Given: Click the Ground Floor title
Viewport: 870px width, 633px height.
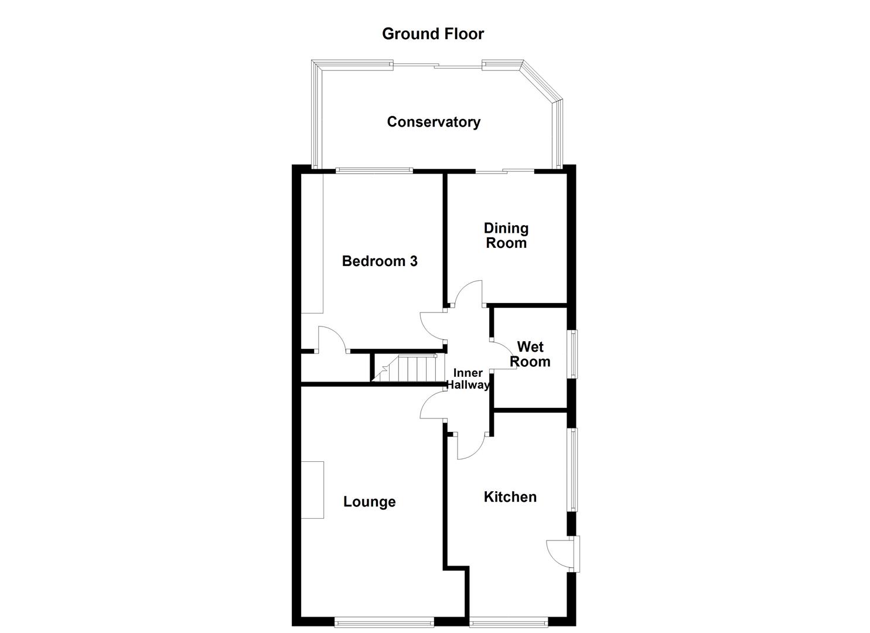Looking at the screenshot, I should coord(433,34).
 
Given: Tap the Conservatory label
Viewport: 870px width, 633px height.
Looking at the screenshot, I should coord(434,122).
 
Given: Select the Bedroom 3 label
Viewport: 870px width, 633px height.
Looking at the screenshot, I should coord(380,261).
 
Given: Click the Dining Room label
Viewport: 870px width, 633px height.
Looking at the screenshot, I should coord(506,236).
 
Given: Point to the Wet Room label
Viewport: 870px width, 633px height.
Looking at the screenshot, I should coord(530,355).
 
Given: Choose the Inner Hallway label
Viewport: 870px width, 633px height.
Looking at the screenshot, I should coord(468,379).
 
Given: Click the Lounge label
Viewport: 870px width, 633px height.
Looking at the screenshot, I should coord(369,502).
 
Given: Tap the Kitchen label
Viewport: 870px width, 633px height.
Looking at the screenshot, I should coord(510,497).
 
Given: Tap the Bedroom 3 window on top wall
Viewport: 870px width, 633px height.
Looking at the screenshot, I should coord(374,171).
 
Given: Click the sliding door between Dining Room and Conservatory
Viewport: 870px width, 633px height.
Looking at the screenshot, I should coord(504,171).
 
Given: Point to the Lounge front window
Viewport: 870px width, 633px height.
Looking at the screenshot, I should coord(384,622).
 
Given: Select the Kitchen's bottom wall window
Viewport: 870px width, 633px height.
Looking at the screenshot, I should coord(509,622).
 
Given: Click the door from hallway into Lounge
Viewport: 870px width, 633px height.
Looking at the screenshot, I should coord(432,406).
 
